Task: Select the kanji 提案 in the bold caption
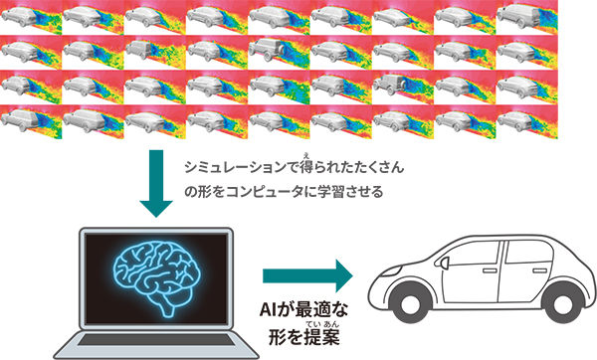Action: [318, 339]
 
